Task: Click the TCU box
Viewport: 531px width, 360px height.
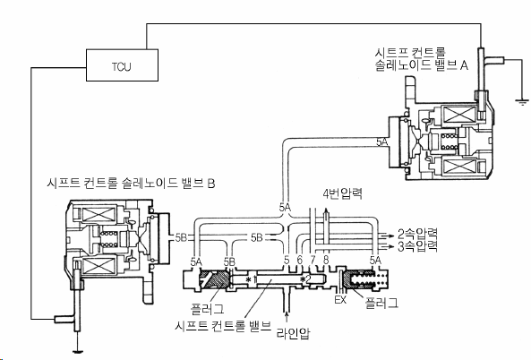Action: pyautogui.click(x=123, y=65)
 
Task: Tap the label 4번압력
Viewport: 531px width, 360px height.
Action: pyautogui.click(x=343, y=193)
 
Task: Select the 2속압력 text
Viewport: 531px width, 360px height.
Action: pyautogui.click(x=418, y=234)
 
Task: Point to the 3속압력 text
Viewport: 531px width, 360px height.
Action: pyautogui.click(x=418, y=246)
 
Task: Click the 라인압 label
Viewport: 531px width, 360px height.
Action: pyautogui.click(x=294, y=333)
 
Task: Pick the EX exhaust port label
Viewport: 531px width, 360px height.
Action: pyautogui.click(x=340, y=299)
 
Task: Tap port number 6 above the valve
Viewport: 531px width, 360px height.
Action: pyautogui.click(x=299, y=260)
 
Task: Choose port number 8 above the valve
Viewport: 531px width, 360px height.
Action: pyautogui.click(x=326, y=260)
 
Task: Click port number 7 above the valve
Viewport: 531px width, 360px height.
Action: pyautogui.click(x=313, y=260)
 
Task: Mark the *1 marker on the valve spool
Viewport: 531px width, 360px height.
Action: pyautogui.click(x=251, y=279)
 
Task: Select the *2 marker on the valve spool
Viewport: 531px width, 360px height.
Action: pyautogui.click(x=305, y=279)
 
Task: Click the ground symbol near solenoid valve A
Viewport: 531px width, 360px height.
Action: pyautogui.click(x=521, y=102)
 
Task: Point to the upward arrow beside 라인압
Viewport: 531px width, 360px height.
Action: pyautogui.click(x=287, y=317)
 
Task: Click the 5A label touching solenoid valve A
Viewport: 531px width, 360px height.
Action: pyautogui.click(x=382, y=141)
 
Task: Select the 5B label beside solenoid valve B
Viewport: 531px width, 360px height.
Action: pyautogui.click(x=181, y=237)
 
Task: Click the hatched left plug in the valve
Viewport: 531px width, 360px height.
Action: pyautogui.click(x=214, y=279)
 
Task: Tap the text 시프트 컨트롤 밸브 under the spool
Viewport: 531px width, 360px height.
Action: pyautogui.click(x=223, y=325)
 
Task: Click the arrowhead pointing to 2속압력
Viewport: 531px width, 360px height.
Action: pyautogui.click(x=392, y=235)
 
